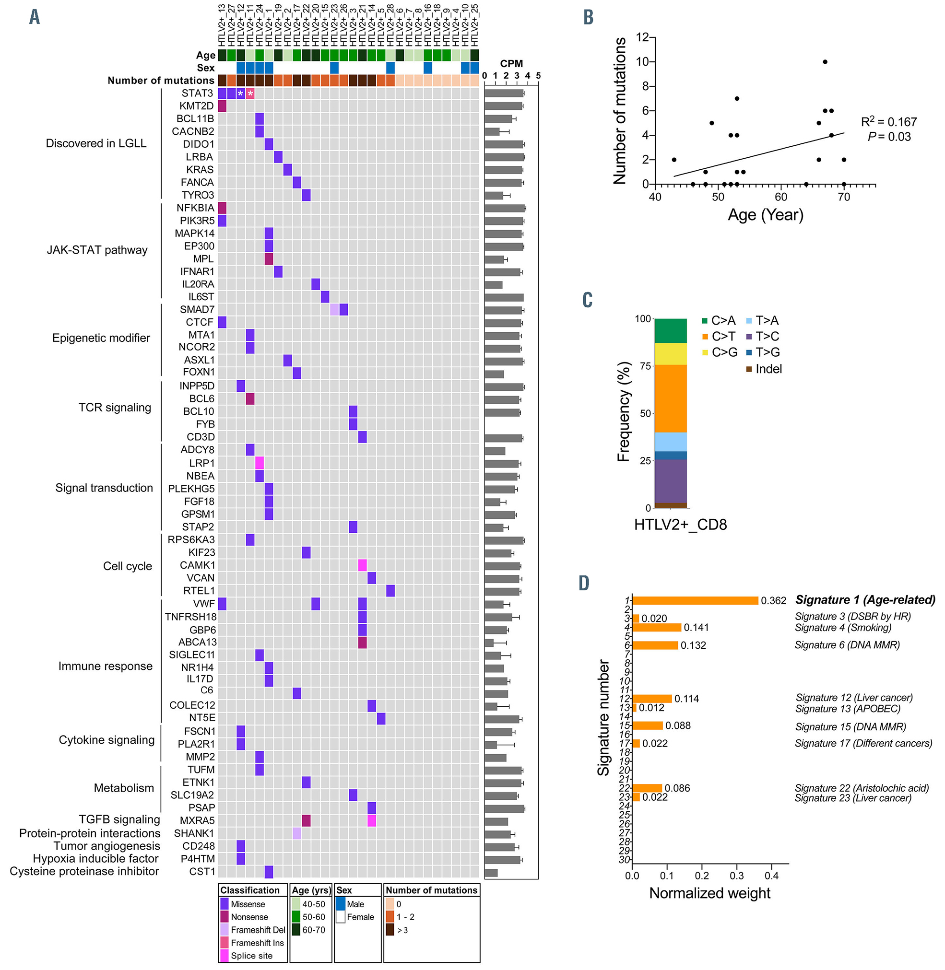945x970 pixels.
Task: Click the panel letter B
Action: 588,17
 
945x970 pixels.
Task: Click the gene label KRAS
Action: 200,170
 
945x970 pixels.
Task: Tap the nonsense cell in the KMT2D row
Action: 222,106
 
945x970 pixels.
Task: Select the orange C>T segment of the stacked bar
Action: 671,398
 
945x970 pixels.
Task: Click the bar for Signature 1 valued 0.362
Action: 695,600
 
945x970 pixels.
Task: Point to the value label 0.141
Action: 696,628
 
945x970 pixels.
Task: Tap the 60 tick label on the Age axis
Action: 781,197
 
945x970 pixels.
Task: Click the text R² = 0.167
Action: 888,122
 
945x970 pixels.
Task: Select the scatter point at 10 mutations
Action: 825,62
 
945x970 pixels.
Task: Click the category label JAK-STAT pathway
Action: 97,250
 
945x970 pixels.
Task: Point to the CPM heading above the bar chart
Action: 511,63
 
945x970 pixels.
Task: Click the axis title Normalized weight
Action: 710,893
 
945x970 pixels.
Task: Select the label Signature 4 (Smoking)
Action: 843,628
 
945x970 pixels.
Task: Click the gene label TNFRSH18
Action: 191,617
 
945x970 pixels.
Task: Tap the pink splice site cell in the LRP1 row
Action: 259,463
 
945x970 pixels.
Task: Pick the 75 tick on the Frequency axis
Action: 645,366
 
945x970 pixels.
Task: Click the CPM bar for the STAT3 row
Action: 504,93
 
